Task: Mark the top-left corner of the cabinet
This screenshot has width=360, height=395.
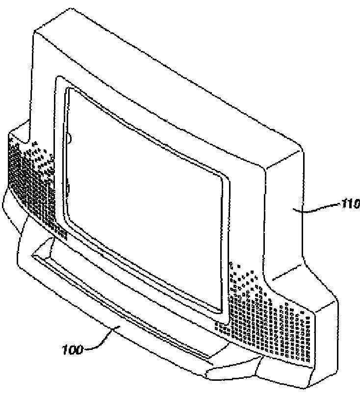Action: point(34,30)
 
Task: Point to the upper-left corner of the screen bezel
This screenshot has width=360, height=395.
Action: point(58,78)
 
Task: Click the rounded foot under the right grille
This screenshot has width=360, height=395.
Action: point(231,373)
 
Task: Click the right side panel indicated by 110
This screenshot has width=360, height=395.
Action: point(287,216)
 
